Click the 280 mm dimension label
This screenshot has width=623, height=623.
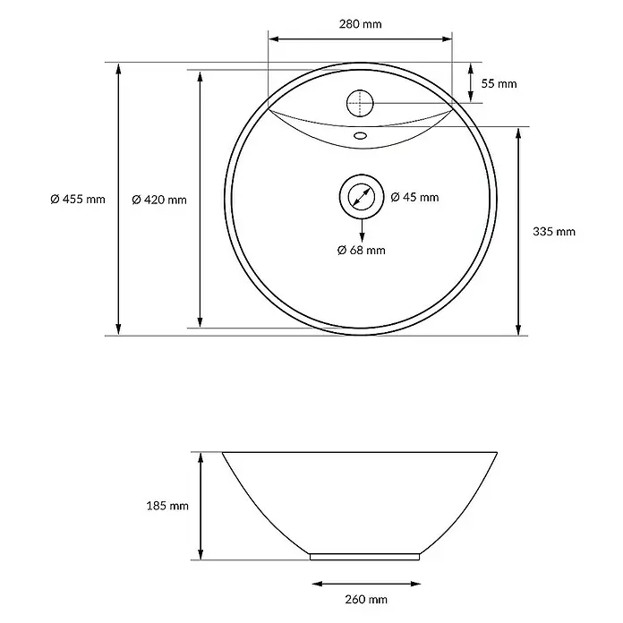point(361,24)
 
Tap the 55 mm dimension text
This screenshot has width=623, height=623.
point(499,84)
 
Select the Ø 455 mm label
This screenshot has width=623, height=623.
point(78,199)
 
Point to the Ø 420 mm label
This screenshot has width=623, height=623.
point(159,200)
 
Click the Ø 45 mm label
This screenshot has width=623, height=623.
point(414,197)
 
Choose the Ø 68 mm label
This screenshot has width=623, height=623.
point(361,251)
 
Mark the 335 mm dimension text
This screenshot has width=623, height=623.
point(554,232)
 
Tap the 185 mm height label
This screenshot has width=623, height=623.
point(167,506)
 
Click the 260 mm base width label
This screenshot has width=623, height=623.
point(366,599)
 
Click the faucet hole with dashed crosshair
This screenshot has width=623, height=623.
point(361,103)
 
